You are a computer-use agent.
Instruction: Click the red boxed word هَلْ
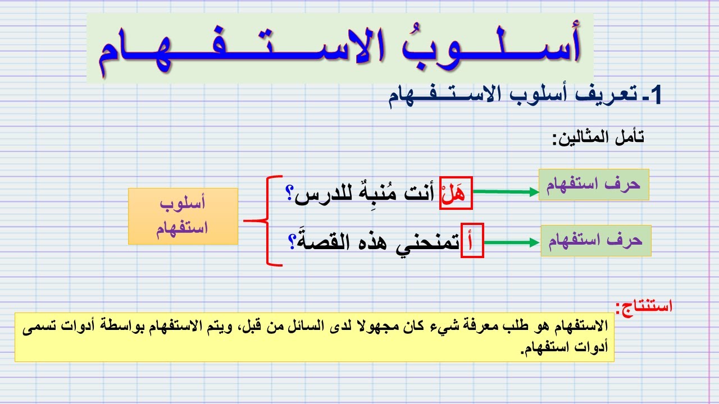[x=456, y=194]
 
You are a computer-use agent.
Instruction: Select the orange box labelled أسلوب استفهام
[x=183, y=216]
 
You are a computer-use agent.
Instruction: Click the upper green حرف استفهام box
[x=594, y=185]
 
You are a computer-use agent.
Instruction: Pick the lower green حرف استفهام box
[x=596, y=241]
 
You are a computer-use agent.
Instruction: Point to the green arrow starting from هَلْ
[x=506, y=192]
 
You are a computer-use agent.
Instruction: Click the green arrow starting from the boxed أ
[x=511, y=242]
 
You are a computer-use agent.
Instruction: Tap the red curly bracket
[x=267, y=221]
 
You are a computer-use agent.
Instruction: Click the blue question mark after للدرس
[x=290, y=194]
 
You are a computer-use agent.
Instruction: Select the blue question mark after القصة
[x=293, y=242]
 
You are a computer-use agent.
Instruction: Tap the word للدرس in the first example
[x=326, y=194]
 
